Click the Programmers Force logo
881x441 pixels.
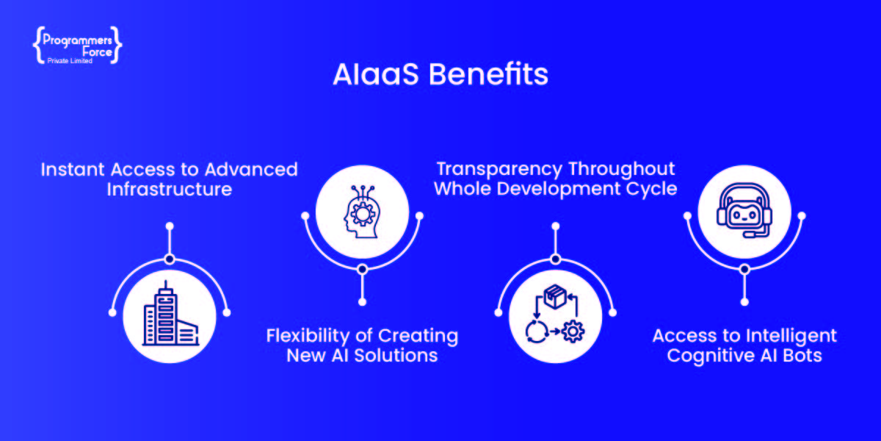78,46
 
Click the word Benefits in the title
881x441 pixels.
488,74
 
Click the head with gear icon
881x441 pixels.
362,212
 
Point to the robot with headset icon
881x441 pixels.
744,210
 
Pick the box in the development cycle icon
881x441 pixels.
555,296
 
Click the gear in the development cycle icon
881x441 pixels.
573,331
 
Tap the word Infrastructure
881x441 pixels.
170,190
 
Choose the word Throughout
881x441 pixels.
622,170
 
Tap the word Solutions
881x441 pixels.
396,356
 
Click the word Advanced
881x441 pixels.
251,170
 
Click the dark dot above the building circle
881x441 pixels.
170,259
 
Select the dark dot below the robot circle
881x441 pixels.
744,269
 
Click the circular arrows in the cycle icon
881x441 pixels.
537,331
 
